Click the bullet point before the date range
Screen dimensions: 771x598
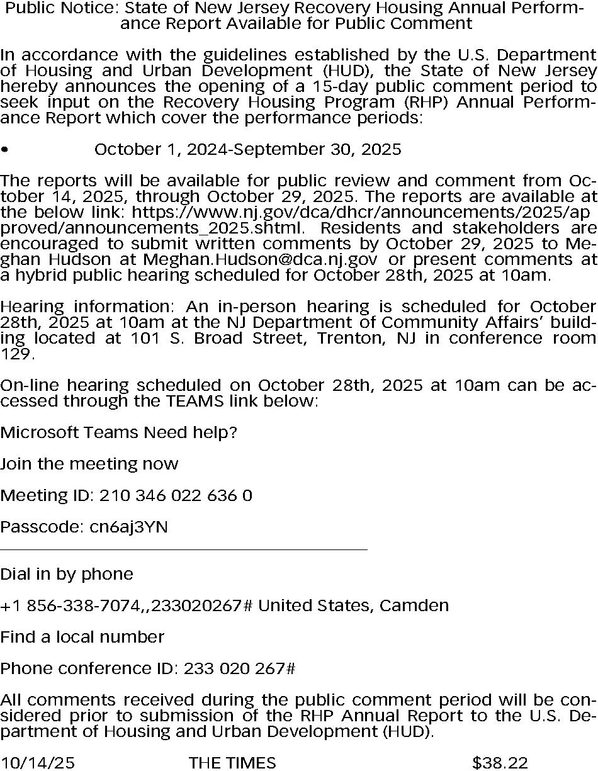tap(4, 150)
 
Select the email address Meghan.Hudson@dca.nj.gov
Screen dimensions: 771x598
tap(261, 259)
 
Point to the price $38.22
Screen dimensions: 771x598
tap(500, 763)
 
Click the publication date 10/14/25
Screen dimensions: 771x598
tap(37, 763)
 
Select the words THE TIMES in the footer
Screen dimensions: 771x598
tap(232, 763)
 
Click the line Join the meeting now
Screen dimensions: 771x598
tap(89, 464)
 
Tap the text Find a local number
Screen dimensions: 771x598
tap(82, 637)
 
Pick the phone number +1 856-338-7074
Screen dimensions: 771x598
tap(70, 605)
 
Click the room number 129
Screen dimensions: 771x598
tap(14, 354)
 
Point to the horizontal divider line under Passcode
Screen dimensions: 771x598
tap(184, 550)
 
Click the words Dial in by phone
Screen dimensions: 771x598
tap(67, 574)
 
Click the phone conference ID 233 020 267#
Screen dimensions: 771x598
tap(240, 668)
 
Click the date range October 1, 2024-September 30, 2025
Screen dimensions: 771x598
tap(247, 149)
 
